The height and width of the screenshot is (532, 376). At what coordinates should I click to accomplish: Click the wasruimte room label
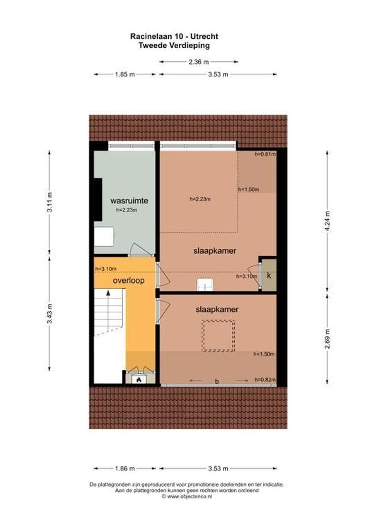click(x=129, y=200)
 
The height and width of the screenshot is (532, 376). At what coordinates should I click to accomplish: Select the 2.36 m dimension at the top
click(x=199, y=62)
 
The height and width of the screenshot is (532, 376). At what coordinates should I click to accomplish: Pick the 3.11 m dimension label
click(x=49, y=202)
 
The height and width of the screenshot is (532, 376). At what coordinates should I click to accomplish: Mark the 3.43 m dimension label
click(x=49, y=312)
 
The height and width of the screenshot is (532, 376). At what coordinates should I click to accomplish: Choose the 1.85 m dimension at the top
click(x=125, y=74)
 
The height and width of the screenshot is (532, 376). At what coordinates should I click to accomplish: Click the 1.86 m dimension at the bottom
click(x=125, y=468)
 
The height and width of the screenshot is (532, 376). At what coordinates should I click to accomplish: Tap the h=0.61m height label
click(x=265, y=154)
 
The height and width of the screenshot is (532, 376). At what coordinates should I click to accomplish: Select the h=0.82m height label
click(x=264, y=380)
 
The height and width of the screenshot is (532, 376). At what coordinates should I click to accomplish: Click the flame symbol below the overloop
click(x=139, y=380)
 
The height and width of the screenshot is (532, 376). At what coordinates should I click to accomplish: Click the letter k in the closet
click(x=269, y=276)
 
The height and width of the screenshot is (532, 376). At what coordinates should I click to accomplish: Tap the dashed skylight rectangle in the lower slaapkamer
click(x=218, y=335)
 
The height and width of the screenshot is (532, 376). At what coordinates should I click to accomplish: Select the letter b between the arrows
click(x=217, y=380)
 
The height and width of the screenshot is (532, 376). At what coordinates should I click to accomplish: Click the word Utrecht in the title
click(x=191, y=36)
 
